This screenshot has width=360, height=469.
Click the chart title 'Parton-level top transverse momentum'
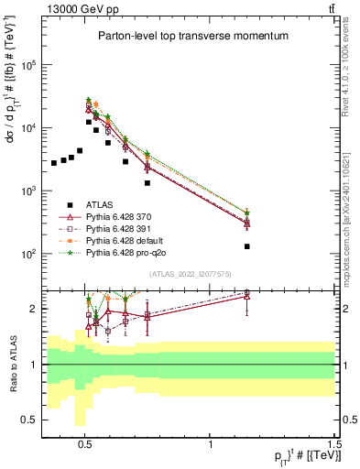click(188, 36)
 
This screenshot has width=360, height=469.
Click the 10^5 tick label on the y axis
click(28, 65)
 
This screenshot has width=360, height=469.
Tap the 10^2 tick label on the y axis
click(28, 254)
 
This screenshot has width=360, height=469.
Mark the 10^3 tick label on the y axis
click(28, 191)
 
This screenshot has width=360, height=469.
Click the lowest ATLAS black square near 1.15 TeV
click(247, 246)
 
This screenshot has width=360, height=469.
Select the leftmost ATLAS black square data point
click(54, 163)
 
